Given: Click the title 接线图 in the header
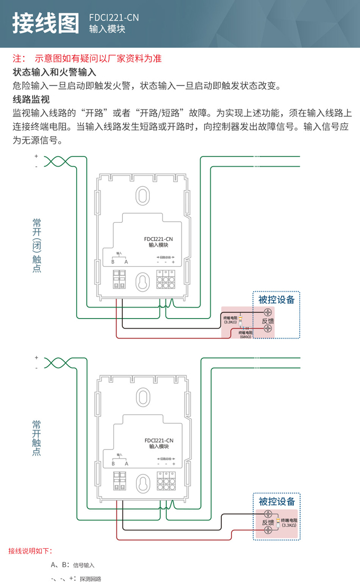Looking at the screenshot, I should point(45,23).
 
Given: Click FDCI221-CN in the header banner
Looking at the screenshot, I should point(114,17).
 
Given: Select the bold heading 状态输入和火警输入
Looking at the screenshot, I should point(54,72).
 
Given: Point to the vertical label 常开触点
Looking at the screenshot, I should point(37,438).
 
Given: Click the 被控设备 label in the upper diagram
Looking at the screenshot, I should point(276,300).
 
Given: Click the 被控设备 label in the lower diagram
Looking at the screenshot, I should point(276,501).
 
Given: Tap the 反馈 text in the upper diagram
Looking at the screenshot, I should point(268,321).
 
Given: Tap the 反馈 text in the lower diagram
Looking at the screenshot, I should point(268,522).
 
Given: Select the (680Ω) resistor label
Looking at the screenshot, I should point(245,337).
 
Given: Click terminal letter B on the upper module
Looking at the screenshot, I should point(113,262).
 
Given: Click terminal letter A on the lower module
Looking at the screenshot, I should point(127,464).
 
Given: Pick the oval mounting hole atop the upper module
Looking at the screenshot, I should point(141,195).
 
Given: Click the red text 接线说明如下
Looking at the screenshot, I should point(31,551).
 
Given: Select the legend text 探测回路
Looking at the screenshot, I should point(91,579).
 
